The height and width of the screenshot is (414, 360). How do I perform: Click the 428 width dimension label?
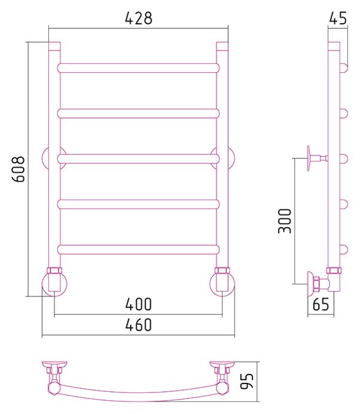click(x=139, y=18)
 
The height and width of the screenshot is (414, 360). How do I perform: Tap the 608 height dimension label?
click(x=19, y=169)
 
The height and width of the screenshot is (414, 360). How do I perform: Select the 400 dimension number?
click(x=139, y=304)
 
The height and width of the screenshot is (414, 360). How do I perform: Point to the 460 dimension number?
click(x=139, y=325)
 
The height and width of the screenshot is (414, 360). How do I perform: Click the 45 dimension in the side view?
click(x=337, y=18)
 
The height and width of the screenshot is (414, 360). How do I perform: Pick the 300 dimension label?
click(x=285, y=220)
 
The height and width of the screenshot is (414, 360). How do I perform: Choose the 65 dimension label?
click(x=321, y=304)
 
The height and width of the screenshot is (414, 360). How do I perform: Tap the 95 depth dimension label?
click(x=247, y=381)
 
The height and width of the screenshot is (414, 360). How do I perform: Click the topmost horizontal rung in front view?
click(x=139, y=68)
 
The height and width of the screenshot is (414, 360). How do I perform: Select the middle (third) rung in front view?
click(x=139, y=159)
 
